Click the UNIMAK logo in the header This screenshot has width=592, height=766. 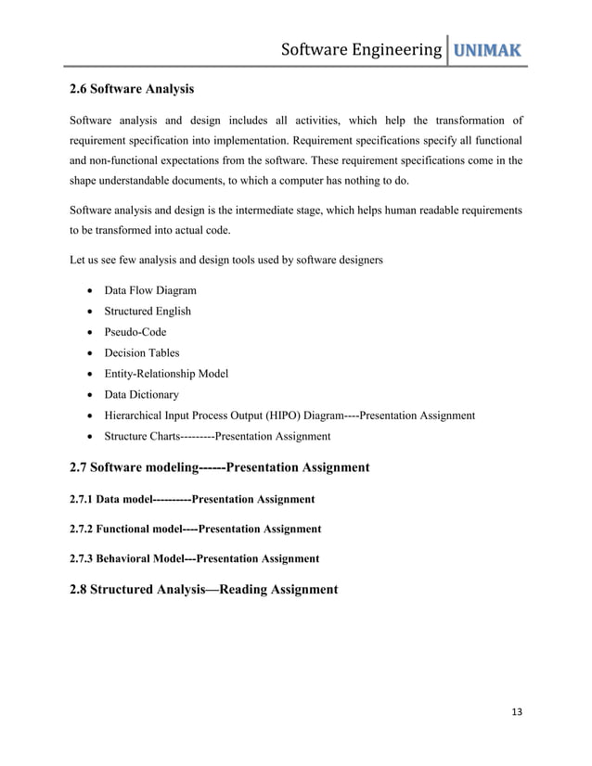tap(485, 49)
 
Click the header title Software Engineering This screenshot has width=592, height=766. tap(361, 49)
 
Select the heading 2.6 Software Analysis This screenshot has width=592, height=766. tap(132, 89)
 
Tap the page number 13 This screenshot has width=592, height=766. tap(517, 711)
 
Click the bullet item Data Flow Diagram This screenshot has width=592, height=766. tap(150, 290)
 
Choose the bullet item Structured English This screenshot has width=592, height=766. tap(148, 312)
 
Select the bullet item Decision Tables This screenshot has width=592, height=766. tap(142, 353)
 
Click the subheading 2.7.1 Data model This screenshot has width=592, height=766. tap(110, 499)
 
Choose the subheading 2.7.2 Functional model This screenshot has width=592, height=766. tap(125, 529)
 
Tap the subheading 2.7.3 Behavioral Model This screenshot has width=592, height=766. tap(125, 558)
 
